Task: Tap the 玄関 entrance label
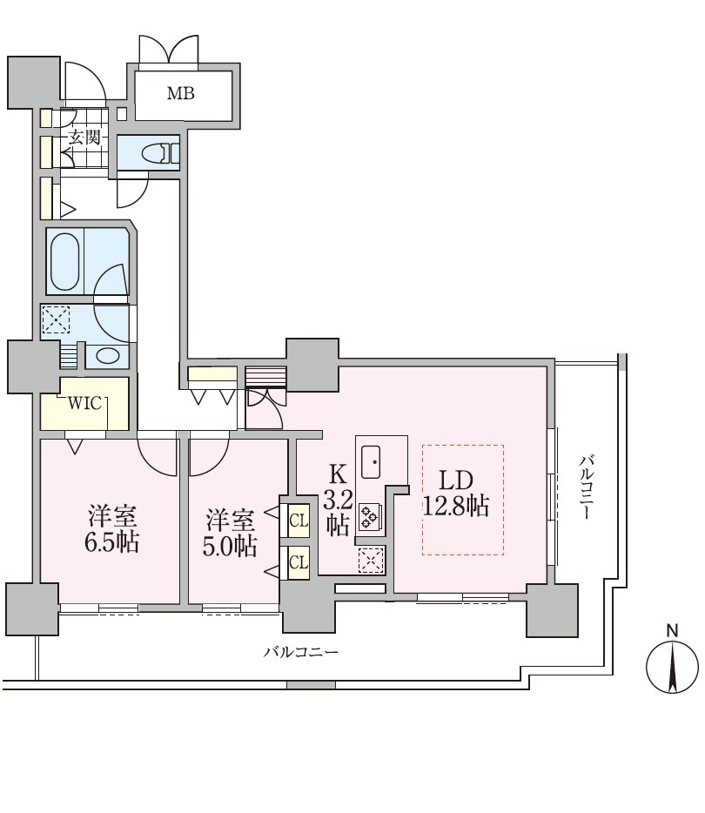pyautogui.click(x=84, y=137)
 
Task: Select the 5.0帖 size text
pyautogui.click(x=231, y=546)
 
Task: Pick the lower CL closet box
pyautogui.click(x=298, y=561)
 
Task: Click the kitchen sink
pyautogui.click(x=372, y=460)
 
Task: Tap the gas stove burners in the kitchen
pyautogui.click(x=369, y=517)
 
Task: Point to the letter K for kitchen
pyautogui.click(x=338, y=474)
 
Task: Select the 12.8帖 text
pyautogui.click(x=455, y=507)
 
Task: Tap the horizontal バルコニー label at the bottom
pyautogui.click(x=300, y=652)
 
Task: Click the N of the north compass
pyautogui.click(x=672, y=629)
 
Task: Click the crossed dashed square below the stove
pyautogui.click(x=370, y=560)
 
